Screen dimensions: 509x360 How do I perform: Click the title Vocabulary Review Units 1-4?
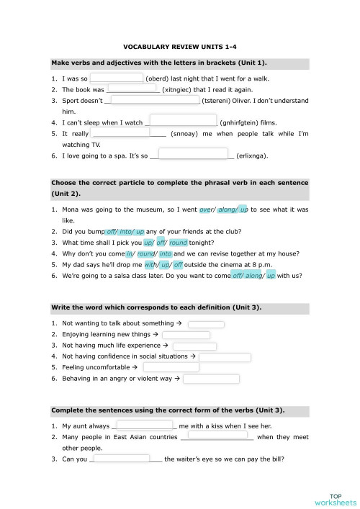[x=180, y=45]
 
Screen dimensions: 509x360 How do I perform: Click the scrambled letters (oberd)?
[x=158, y=78]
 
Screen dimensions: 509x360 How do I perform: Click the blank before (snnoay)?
[x=121, y=133]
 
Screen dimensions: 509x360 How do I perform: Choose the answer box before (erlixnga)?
[x=192, y=153]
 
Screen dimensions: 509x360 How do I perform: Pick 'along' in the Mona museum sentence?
[x=228, y=210]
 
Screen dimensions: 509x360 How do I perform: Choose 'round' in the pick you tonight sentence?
[x=178, y=243]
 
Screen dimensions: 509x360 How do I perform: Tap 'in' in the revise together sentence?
[x=130, y=253]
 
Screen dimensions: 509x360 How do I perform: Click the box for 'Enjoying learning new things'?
[x=186, y=335]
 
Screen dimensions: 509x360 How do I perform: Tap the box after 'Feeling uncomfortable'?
[x=171, y=367]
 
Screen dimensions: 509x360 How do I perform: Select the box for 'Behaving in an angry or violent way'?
[x=211, y=378]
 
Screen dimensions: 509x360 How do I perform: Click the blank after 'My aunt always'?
[x=144, y=425]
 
